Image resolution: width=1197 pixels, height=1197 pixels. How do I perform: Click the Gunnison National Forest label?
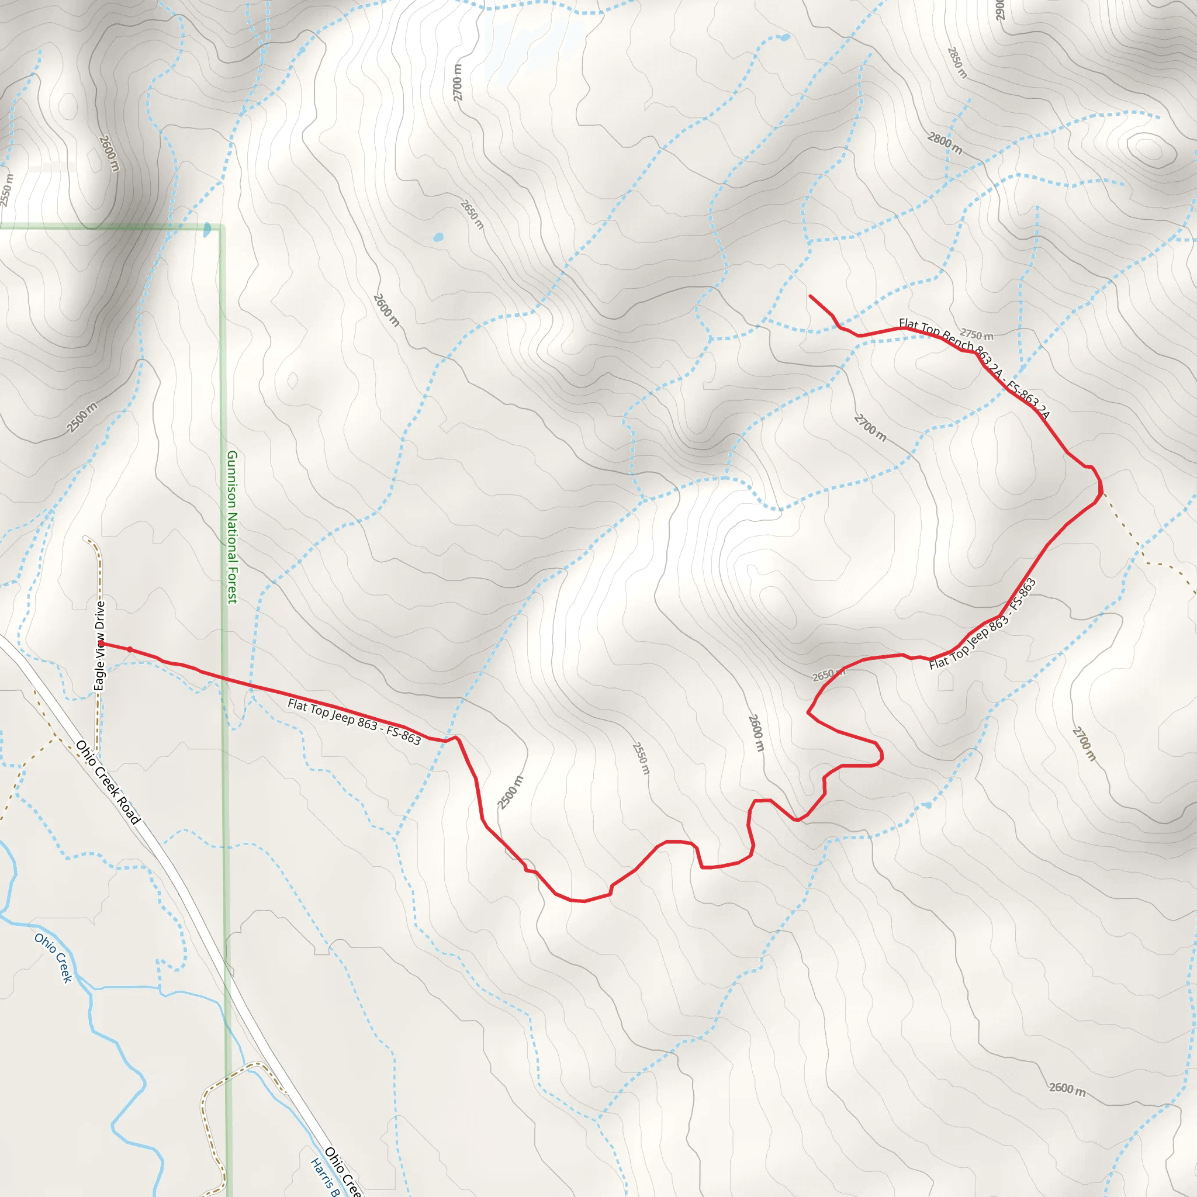click(231, 527)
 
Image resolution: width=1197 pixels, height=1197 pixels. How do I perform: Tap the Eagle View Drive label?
click(100, 646)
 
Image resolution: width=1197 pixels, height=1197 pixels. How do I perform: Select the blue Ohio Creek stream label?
click(54, 958)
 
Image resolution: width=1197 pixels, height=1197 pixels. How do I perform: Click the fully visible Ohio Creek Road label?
click(109, 782)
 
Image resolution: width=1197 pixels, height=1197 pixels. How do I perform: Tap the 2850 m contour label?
click(957, 63)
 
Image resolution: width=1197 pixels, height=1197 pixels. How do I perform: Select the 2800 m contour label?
click(945, 144)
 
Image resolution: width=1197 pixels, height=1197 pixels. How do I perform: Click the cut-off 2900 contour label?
click(1000, 9)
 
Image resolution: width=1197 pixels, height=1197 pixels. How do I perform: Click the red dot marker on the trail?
click(130, 649)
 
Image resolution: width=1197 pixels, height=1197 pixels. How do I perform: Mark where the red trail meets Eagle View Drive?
click(101, 644)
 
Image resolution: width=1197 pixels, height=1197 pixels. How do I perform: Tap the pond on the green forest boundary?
click(207, 230)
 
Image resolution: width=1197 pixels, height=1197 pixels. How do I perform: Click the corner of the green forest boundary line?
click(221, 227)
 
